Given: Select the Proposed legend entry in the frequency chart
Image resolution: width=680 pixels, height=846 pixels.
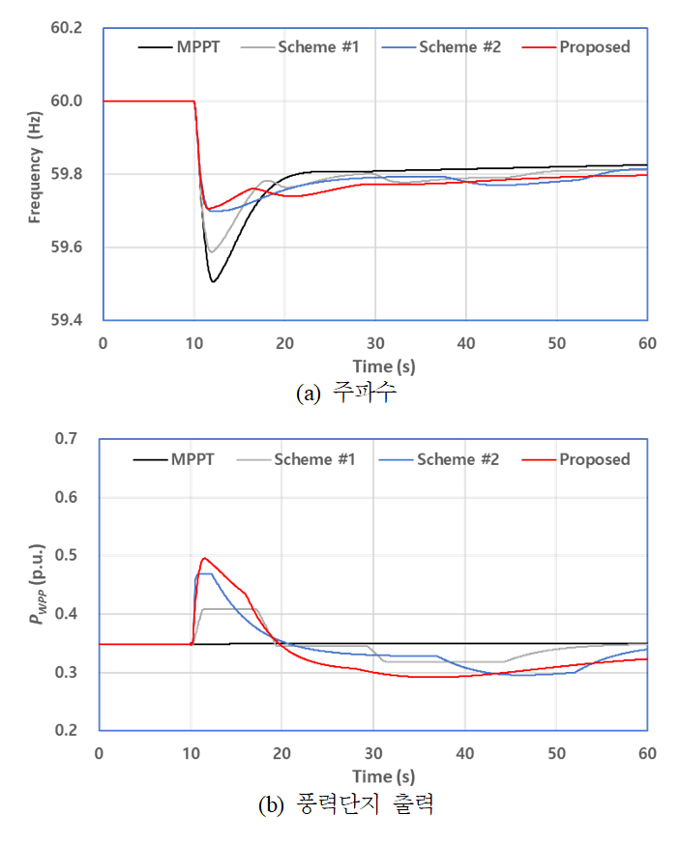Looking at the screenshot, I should point(594,46).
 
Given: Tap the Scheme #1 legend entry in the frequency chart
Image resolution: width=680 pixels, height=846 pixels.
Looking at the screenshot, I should point(318,46).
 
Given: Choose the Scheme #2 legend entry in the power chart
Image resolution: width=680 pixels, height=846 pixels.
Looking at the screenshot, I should point(458,459).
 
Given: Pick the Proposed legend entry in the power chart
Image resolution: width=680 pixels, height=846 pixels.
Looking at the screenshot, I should point(594,459).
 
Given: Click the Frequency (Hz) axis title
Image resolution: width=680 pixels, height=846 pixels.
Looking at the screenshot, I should point(35,173).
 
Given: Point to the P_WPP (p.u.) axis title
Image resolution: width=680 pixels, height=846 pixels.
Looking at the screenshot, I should point(35,584).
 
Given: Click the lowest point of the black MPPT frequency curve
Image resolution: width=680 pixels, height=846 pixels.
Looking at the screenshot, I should point(213,281).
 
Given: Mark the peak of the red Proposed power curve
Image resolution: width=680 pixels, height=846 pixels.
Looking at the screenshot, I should point(204,558).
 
